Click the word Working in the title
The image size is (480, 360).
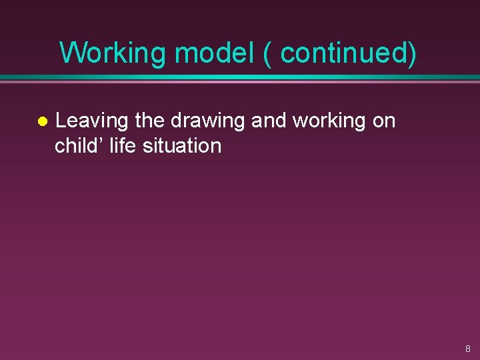pyautogui.click(x=111, y=53)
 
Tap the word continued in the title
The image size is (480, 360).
pyautogui.click(x=343, y=53)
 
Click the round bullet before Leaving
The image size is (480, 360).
pyautogui.click(x=41, y=122)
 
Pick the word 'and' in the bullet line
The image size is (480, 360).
pyautogui.click(x=269, y=121)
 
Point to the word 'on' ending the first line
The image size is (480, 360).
pyautogui.click(x=384, y=121)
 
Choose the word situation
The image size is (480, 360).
pyautogui.click(x=181, y=145)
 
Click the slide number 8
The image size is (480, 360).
pyautogui.click(x=467, y=349)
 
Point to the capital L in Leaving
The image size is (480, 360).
pyautogui.click(x=59, y=121)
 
